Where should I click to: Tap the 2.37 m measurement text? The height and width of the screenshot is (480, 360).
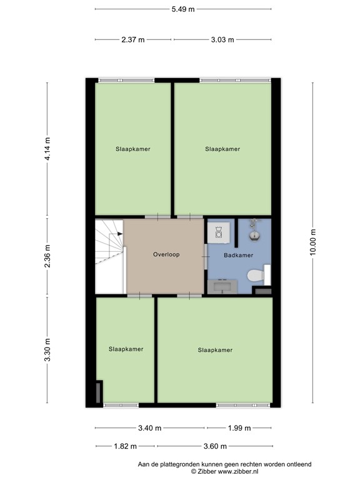pos(133,39)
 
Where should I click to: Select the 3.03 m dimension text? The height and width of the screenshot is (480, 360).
pos(222,39)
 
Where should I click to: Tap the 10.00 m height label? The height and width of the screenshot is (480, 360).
pos(313,241)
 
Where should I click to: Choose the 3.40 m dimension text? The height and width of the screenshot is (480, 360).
pos(150,428)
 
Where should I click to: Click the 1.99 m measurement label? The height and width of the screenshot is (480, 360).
pos(239,428)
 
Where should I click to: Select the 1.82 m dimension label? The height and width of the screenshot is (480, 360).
pos(126,446)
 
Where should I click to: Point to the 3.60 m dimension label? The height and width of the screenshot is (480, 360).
pos(214,446)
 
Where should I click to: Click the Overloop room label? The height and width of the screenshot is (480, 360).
pos(166,254)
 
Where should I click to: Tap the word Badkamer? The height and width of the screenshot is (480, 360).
pos(238,256)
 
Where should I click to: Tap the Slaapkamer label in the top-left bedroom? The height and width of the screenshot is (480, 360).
pos(132,149)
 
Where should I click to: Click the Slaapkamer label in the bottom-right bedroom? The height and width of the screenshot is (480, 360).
pos(215,350)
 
